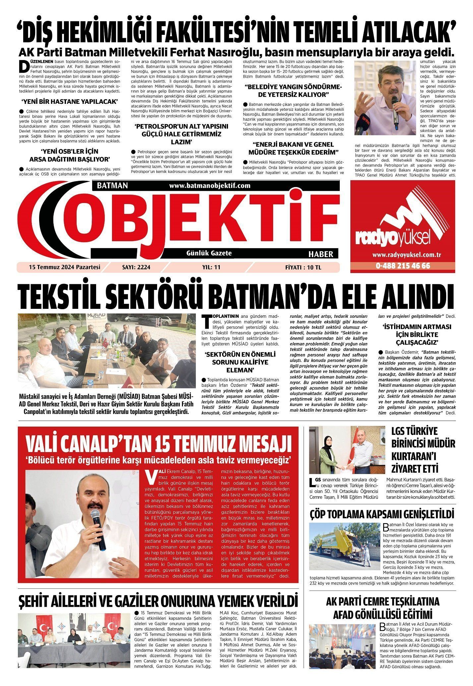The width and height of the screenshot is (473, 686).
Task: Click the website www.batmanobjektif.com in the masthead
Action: tap(209, 186)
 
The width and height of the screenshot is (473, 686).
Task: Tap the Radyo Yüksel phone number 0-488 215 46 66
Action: tap(403, 266)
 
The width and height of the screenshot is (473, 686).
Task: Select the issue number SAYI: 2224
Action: tap(136, 267)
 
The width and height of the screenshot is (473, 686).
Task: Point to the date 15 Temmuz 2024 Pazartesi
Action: tap(64, 267)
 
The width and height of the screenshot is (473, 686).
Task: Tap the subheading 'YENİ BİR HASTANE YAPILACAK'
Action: tap(69, 101)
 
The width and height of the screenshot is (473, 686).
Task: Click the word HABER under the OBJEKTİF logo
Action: tap(321, 254)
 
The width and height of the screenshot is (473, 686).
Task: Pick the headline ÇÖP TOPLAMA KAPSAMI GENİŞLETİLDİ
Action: tap(382, 514)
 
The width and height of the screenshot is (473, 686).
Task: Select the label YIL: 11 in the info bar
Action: tap(211, 267)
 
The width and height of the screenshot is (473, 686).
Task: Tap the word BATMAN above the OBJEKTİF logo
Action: tap(112, 186)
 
